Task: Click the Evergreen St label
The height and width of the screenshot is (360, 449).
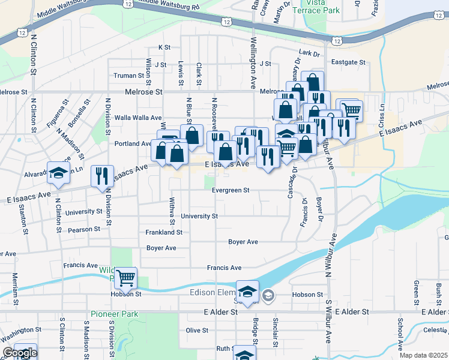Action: point(231,190)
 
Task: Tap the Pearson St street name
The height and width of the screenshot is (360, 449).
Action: point(85,229)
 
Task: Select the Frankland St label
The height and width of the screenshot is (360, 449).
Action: point(164,232)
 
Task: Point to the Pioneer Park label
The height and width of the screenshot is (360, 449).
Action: point(115,314)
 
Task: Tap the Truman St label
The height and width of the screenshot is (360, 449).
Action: point(133,76)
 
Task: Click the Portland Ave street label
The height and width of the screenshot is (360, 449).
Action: point(133,144)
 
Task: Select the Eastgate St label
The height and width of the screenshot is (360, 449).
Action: point(348,62)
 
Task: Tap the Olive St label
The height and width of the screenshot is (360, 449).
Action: point(196,330)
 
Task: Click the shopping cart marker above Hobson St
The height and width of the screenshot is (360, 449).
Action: point(126,278)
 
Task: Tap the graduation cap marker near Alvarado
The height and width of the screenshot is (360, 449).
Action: point(58,173)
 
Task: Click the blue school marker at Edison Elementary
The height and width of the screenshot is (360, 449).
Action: point(247,292)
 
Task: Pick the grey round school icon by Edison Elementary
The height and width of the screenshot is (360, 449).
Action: point(268,294)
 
